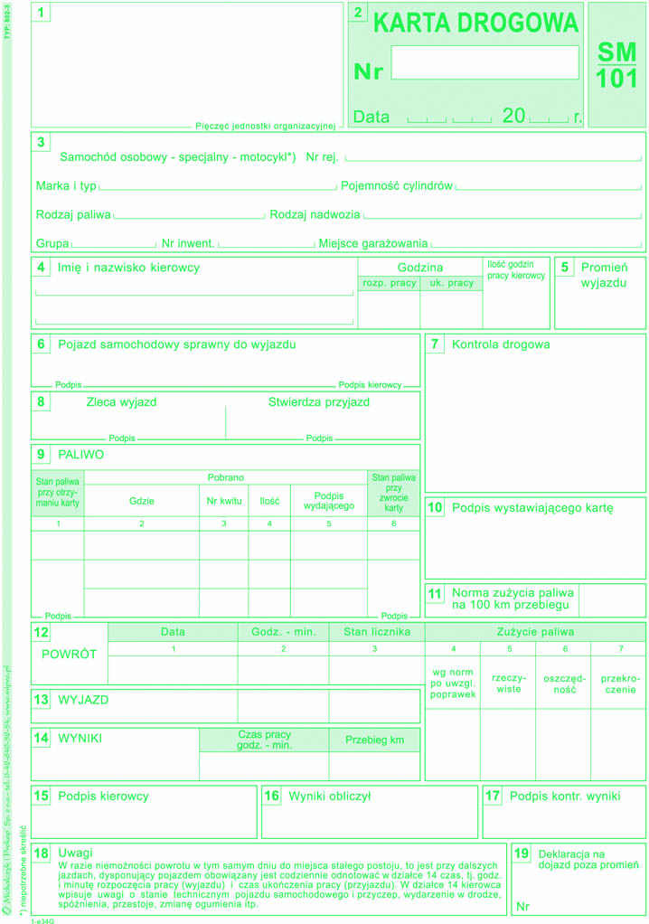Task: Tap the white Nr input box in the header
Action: pos(485,62)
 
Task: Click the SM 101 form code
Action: pos(616,65)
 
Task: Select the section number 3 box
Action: pos(42,142)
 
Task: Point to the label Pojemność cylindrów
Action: pos(397,186)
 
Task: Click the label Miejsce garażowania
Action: pos(373,243)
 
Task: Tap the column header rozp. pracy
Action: pos(390,283)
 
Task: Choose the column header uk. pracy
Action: pos(451,283)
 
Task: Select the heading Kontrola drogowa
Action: pos(501,344)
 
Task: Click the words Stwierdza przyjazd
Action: pos(318,402)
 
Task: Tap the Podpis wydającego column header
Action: pos(329,500)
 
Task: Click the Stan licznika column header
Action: pos(377,631)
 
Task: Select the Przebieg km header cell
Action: pos(374,740)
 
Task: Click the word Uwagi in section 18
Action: pos(74,853)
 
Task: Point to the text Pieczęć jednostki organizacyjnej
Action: pos(265,126)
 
